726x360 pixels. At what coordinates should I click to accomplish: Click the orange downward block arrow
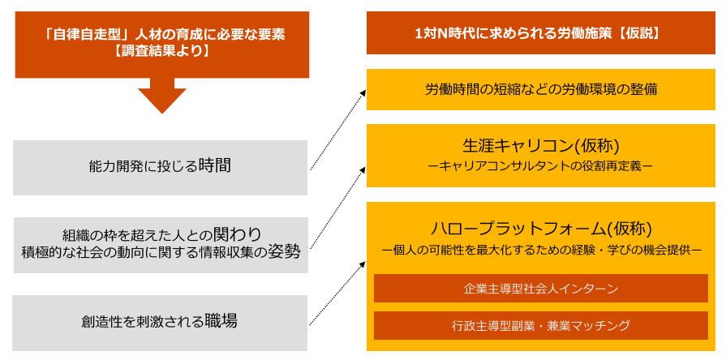[161, 95]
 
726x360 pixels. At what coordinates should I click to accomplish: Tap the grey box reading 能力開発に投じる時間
[161, 167]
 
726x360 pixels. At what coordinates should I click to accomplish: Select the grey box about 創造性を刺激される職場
[161, 322]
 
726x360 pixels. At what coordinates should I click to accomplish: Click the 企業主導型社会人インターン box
[540, 288]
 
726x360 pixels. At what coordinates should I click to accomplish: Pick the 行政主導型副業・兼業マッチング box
[540, 326]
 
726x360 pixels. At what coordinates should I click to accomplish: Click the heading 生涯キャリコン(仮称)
[540, 145]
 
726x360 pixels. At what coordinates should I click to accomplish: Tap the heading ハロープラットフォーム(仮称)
[540, 228]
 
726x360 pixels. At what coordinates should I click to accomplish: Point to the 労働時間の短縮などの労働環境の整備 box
[540, 89]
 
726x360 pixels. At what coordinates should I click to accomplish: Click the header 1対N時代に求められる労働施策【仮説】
[540, 33]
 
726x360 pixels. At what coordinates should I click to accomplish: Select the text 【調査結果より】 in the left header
[162, 52]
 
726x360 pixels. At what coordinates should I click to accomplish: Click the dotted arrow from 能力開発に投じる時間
[337, 130]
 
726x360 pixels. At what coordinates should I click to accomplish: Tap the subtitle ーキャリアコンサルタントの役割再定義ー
[540, 166]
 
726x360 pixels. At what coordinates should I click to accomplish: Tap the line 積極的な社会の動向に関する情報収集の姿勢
[161, 252]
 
